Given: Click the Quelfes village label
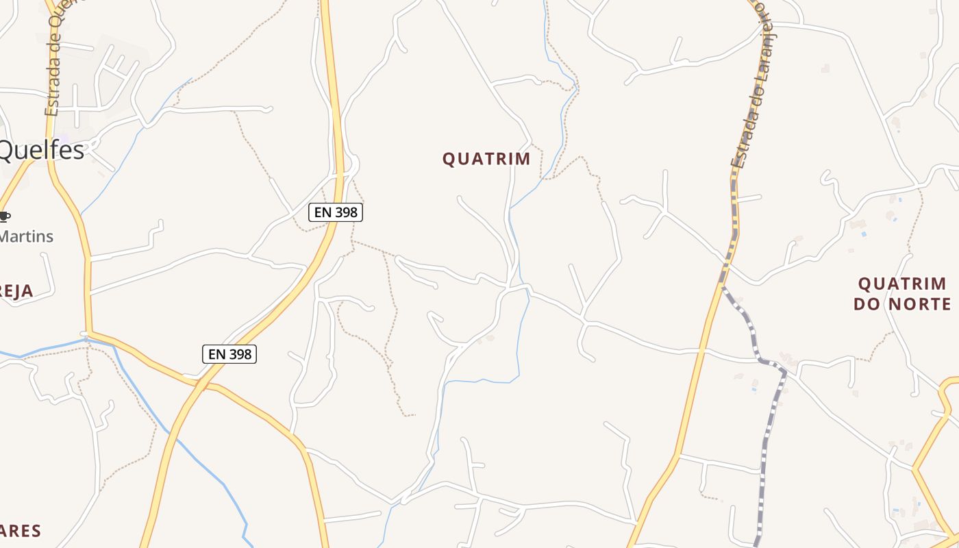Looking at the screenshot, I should click(x=41, y=150).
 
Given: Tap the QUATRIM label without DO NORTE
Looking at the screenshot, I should click(x=486, y=159).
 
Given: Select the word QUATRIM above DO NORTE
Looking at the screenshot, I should click(x=903, y=284).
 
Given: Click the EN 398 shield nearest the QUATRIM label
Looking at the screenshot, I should click(x=335, y=212).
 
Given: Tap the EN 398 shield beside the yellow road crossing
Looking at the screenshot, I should click(x=229, y=354).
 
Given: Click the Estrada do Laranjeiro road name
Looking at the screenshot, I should click(x=748, y=89).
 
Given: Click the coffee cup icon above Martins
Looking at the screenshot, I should click(x=4, y=216).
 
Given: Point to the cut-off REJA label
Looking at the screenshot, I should click(x=16, y=291).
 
